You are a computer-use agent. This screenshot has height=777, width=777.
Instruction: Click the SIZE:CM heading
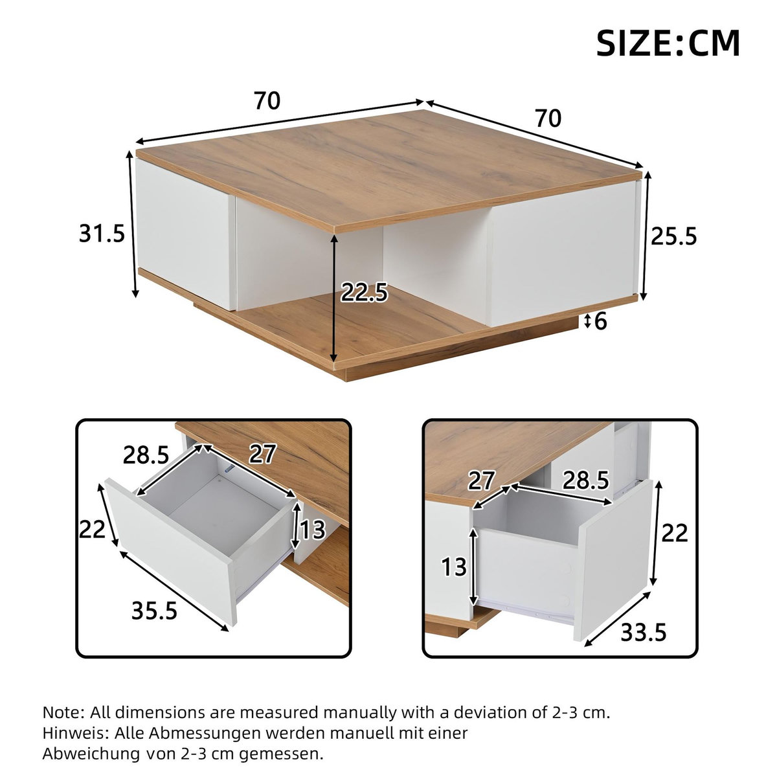point(668,43)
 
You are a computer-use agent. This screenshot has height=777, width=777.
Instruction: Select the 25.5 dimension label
point(673,237)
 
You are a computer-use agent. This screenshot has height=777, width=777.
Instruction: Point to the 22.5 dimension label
point(364,293)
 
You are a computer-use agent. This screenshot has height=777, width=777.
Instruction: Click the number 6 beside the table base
point(600,321)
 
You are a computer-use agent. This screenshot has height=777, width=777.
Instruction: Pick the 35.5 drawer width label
point(154,610)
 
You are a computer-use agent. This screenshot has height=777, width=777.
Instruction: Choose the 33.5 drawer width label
point(644,631)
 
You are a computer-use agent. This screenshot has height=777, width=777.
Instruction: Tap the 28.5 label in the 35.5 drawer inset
point(146,455)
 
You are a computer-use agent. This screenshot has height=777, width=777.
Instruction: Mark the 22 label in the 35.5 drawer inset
point(92,530)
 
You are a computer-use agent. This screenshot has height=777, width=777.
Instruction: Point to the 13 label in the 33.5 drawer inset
point(454,567)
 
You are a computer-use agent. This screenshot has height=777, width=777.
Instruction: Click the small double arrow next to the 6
point(587,321)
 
